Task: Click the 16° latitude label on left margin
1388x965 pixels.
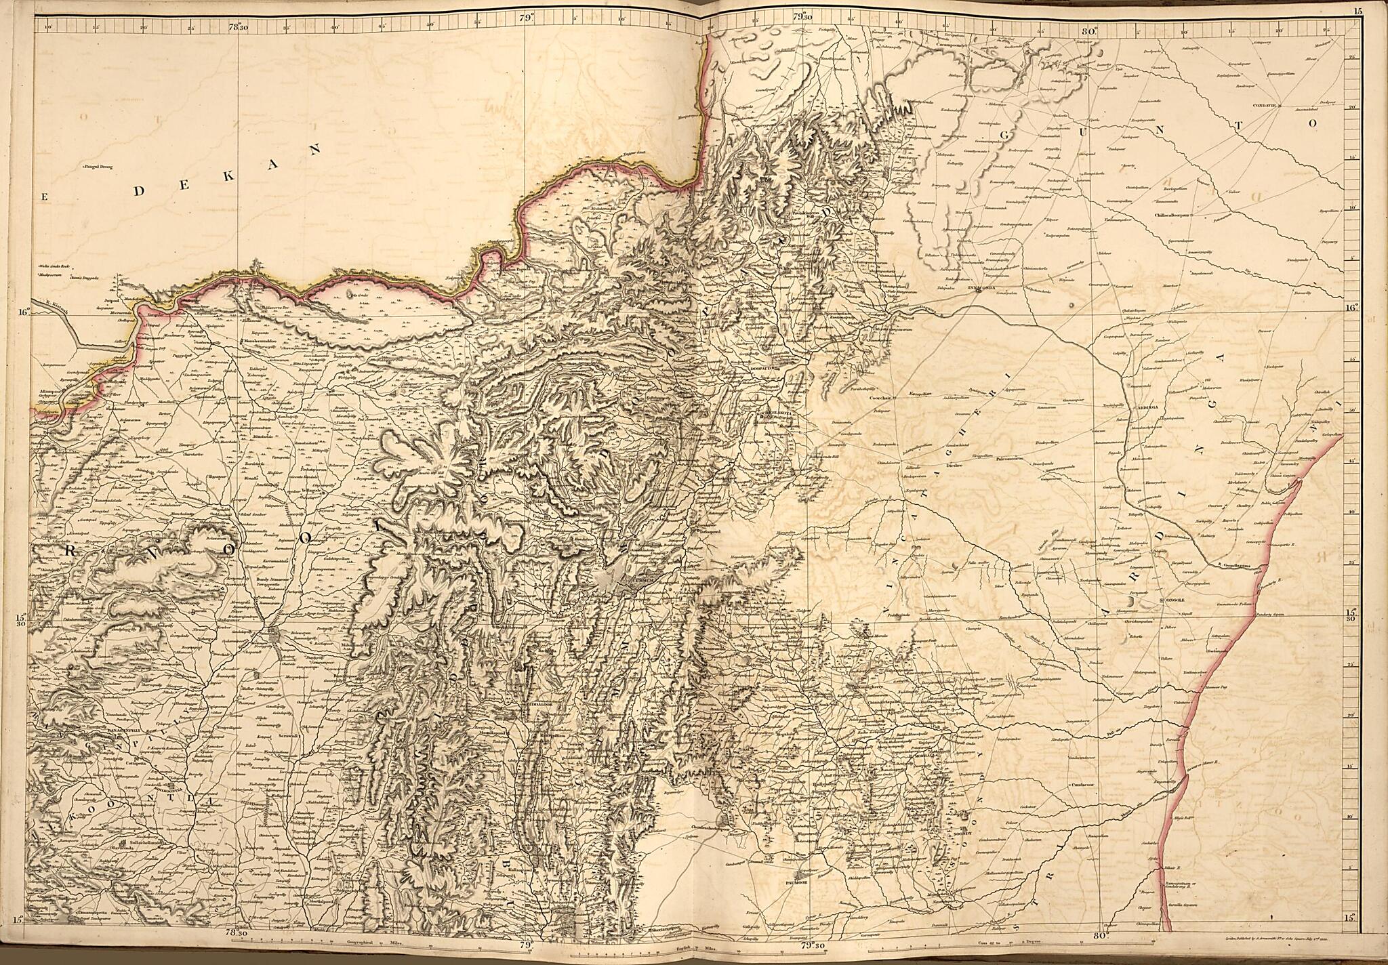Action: coord(24,312)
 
